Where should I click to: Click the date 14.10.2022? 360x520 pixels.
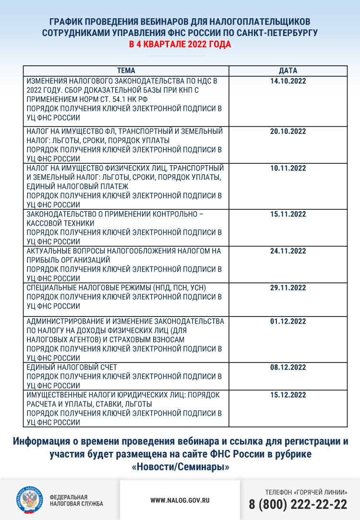coord(288,81)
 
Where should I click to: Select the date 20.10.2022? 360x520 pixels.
coord(288,132)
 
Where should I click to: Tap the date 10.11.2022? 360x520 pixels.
coord(288,168)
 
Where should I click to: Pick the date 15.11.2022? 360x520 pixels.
coord(288,214)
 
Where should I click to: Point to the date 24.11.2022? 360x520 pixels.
coord(288,251)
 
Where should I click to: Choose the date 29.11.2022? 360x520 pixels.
coord(288,288)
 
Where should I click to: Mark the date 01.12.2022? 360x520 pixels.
coord(288,321)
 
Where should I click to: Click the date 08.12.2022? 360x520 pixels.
coord(288,367)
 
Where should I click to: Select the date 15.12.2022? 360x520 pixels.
coord(288,395)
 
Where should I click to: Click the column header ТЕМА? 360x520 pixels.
coord(126,71)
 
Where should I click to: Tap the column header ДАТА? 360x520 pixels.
coord(288,71)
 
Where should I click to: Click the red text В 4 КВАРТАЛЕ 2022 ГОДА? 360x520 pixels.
coord(180,45)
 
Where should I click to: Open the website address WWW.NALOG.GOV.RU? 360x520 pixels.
coord(180,500)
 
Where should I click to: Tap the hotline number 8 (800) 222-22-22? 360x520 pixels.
coord(298,505)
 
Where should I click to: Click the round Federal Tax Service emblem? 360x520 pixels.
coord(29,500)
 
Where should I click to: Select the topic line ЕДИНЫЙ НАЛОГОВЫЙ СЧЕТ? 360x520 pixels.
coord(72,367)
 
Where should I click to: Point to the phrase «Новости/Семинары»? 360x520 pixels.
coord(180,466)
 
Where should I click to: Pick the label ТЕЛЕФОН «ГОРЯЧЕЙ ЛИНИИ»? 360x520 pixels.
coord(306,492)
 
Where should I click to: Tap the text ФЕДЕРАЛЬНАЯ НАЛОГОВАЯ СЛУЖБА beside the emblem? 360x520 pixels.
coord(76,500)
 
